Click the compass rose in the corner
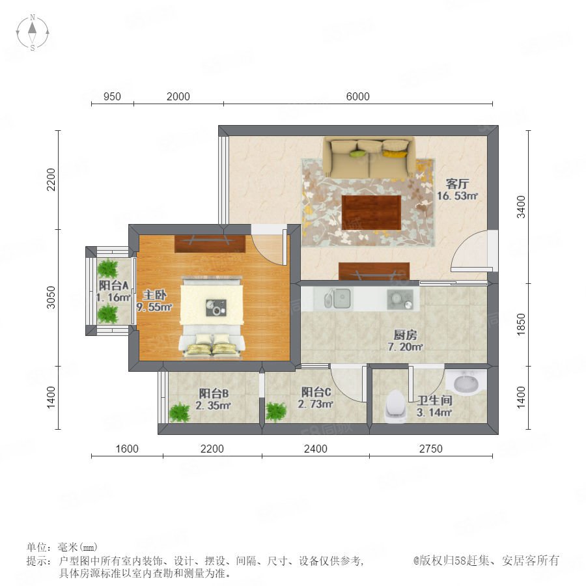coord(33,33)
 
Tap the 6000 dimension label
coord(357,96)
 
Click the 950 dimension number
coord(112,96)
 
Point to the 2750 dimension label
coord(430,449)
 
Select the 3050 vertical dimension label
coord(51,298)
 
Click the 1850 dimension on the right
coord(521,324)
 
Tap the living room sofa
coord(369,158)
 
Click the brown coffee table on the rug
coord(371,212)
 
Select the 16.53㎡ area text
coord(458,196)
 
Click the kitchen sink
coord(337,299)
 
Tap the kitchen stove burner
coord(400,300)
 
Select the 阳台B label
coord(214,393)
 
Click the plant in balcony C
coord(276,412)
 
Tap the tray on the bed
coord(216,307)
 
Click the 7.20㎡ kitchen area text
coord(405,347)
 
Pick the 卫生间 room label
coord(435,400)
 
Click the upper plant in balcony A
coord(108,268)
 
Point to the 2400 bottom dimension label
coord(315,449)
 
